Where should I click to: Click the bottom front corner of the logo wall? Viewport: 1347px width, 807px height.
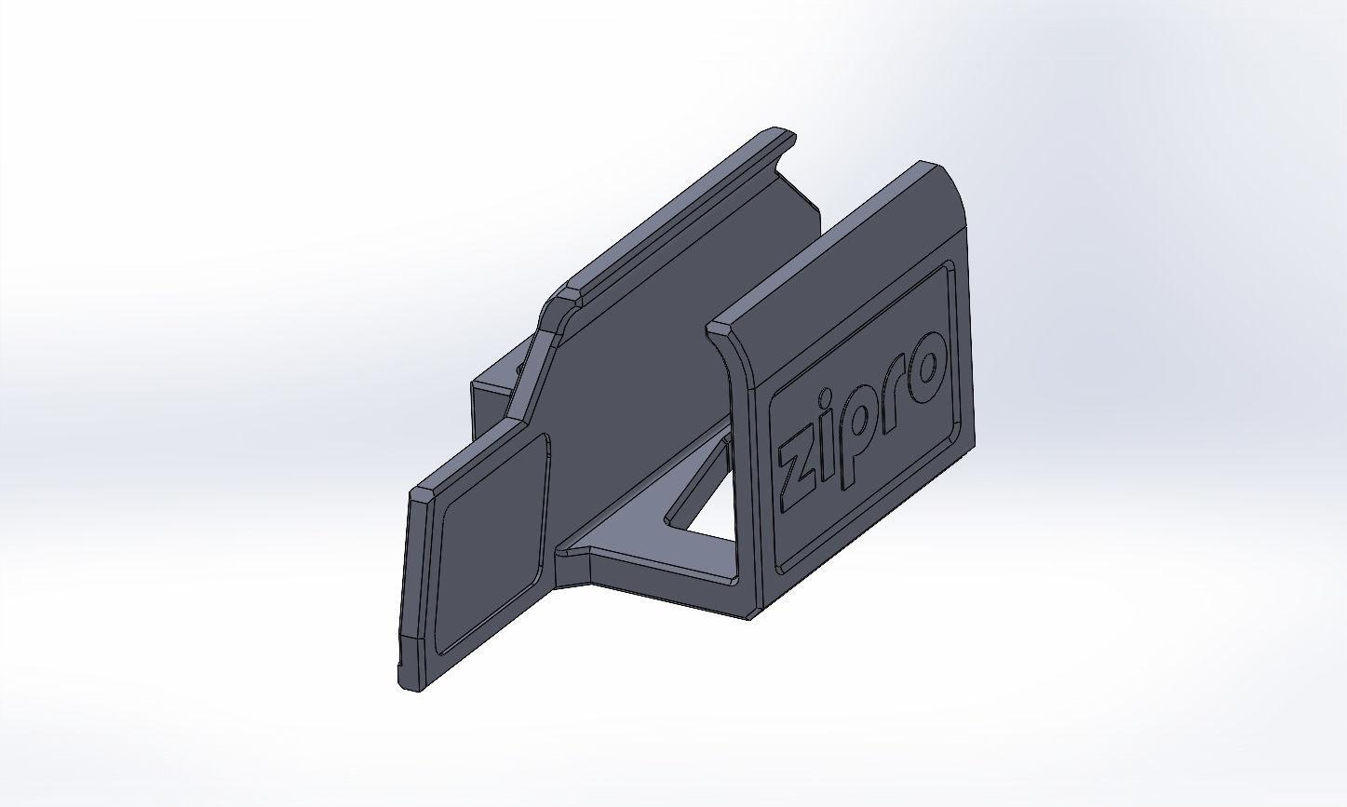752,614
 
